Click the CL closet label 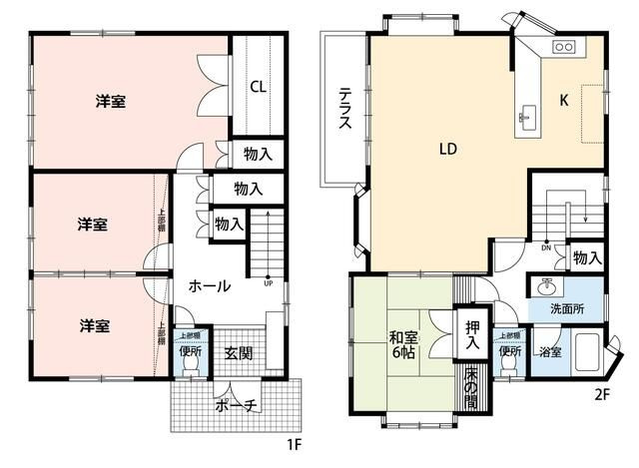click(x=258, y=87)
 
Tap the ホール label click(x=210, y=285)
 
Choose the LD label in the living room click(x=447, y=150)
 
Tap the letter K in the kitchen click(x=563, y=100)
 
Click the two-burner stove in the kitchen click(x=563, y=47)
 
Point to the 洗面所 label click(x=568, y=308)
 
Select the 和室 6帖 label click(x=404, y=343)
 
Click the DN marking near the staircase click(x=545, y=246)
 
